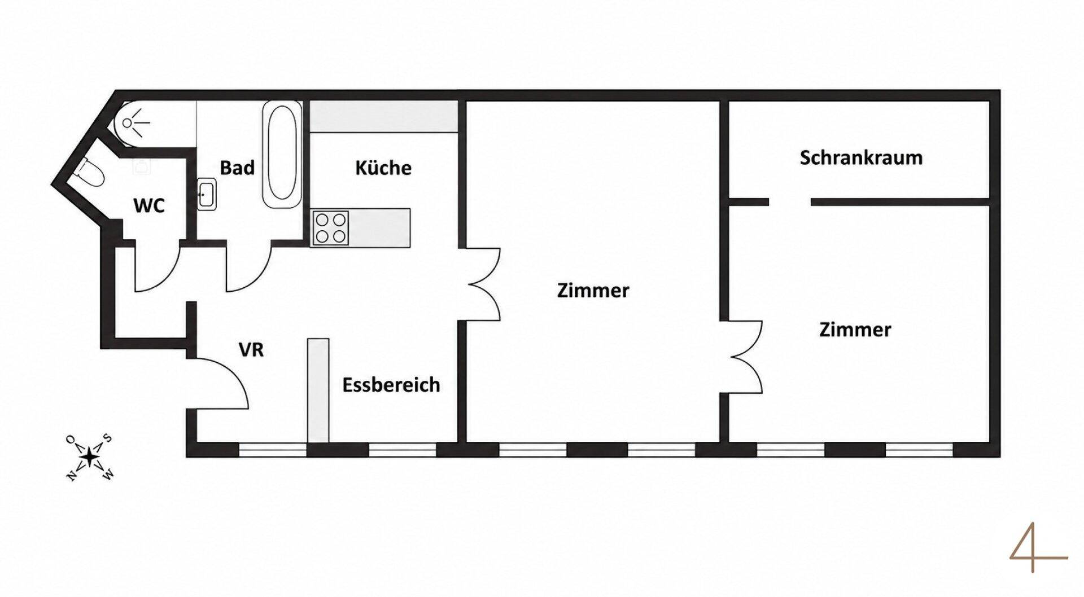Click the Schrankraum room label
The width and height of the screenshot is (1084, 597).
pyautogui.click(x=861, y=157)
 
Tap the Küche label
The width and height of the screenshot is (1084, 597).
pyautogui.click(x=383, y=168)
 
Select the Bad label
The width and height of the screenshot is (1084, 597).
pyautogui.click(x=237, y=168)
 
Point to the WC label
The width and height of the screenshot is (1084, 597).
pyautogui.click(x=149, y=205)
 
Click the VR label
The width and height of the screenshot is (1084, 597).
pyautogui.click(x=251, y=350)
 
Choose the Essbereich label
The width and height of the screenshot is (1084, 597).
pyautogui.click(x=391, y=385)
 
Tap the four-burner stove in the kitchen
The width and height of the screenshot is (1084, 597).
pyautogui.click(x=330, y=227)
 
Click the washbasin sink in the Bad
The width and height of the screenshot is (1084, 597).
pyautogui.click(x=206, y=194)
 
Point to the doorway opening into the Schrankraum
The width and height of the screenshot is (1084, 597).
pyautogui.click(x=790, y=201)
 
